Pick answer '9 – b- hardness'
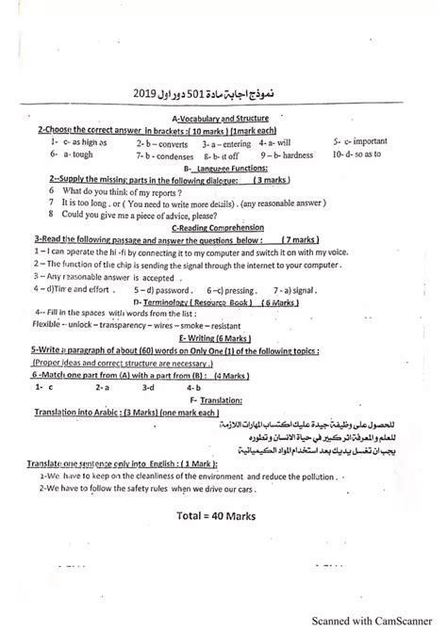pos(287,154)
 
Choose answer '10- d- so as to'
pos(356,154)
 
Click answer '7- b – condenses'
pos(162,155)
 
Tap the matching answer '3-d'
pos(148,386)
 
